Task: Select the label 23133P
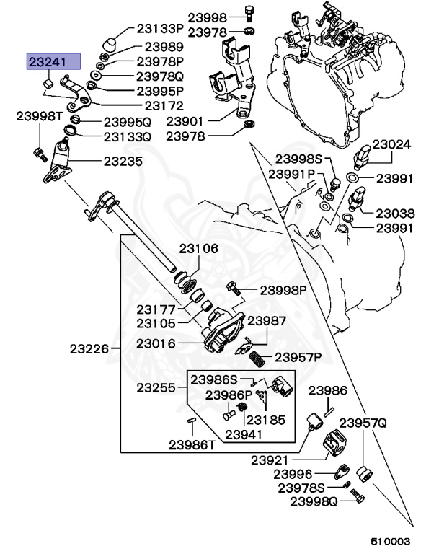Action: pos(160,29)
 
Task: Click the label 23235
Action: pos(123,162)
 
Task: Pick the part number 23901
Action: pos(186,122)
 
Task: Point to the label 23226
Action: pos(89,349)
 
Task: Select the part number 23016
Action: pos(156,343)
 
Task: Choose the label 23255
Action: pos(156,387)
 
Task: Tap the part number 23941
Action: pos(245,434)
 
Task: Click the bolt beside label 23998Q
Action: pos(359,496)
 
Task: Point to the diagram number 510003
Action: pos(390,540)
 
